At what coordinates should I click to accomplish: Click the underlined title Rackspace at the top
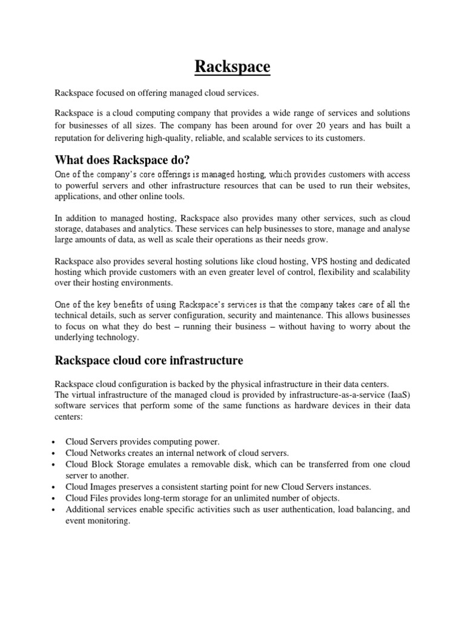point(232,67)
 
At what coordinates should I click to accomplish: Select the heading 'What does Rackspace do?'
point(123,160)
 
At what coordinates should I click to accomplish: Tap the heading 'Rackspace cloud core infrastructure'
point(149,361)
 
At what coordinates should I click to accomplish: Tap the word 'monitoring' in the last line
point(110,521)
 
